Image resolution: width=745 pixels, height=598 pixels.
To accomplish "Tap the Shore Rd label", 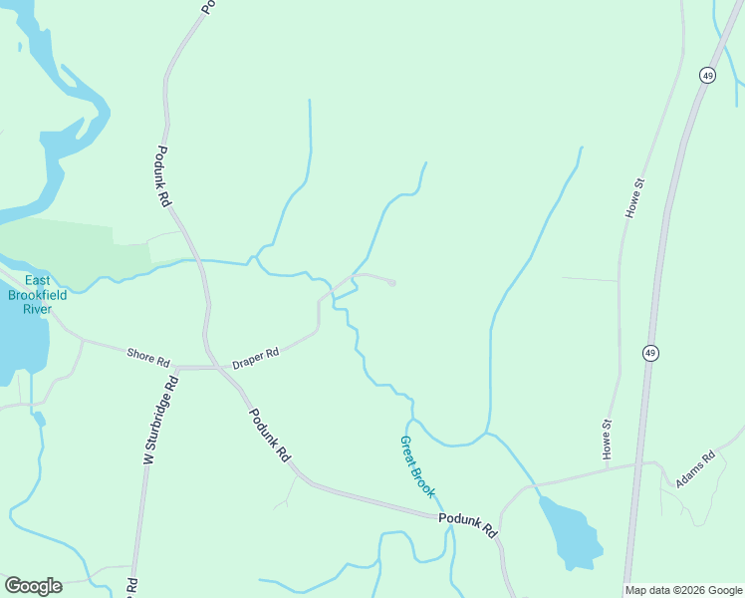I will (148, 356).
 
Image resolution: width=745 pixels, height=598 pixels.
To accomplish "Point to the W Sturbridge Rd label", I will (159, 420).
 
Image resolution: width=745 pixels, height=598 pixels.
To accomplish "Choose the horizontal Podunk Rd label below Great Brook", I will (467, 525).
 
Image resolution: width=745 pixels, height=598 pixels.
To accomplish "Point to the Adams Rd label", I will (695, 470).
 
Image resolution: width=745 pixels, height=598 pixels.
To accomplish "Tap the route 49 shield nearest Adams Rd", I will (649, 353).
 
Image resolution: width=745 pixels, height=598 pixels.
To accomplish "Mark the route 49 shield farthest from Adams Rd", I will (706, 76).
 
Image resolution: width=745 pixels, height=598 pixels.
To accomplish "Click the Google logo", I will (33, 586).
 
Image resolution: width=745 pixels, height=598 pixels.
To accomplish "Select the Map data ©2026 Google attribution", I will (683, 590).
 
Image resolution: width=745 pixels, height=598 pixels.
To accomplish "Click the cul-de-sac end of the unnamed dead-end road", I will (392, 283).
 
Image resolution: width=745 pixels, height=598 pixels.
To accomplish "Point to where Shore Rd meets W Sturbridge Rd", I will (175, 367).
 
